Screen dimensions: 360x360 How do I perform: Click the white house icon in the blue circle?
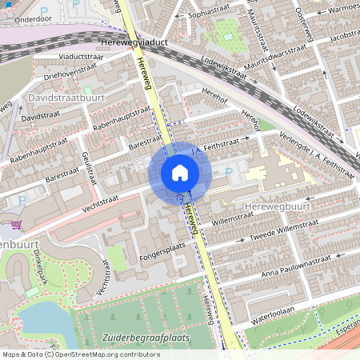point(180,172)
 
